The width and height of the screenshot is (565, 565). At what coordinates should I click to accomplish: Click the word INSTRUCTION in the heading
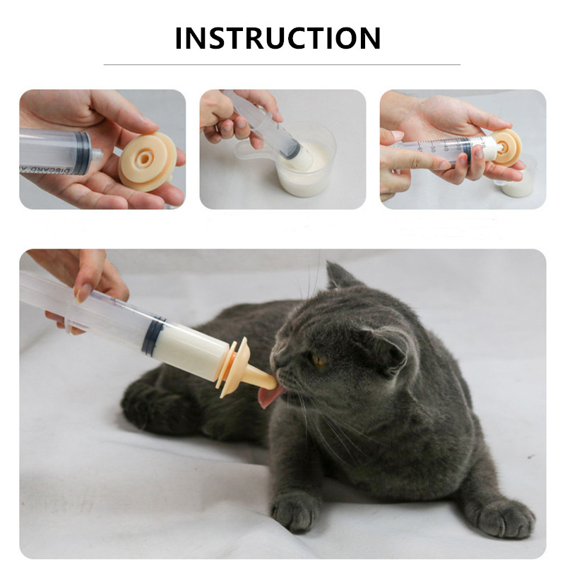tap(278, 38)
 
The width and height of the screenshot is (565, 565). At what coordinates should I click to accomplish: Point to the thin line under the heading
tap(282, 64)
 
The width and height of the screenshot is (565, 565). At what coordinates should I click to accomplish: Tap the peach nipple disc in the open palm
tap(146, 162)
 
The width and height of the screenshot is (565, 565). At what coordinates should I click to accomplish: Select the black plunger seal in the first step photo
tap(83, 152)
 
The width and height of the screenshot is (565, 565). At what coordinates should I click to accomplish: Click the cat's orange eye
tap(320, 360)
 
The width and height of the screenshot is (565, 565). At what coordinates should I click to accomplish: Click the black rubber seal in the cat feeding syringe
tap(152, 335)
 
